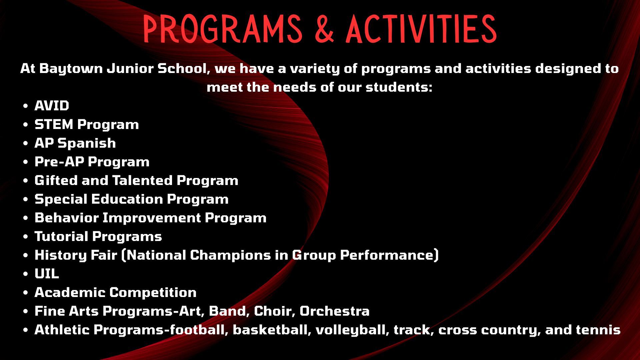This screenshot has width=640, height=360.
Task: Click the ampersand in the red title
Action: point(324,29)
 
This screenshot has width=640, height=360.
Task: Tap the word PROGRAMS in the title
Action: point(223,29)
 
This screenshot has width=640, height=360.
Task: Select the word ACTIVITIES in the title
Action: point(421,29)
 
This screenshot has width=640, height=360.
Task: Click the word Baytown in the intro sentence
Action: point(71,69)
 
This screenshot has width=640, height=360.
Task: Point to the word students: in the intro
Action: point(399,87)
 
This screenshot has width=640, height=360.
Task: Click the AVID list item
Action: point(52,106)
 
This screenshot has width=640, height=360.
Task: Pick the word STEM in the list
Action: point(54,124)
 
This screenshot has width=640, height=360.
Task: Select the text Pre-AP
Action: point(60,162)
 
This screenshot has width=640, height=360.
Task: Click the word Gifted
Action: point(56,180)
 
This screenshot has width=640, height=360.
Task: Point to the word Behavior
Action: point(67,218)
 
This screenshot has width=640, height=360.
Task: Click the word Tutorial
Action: point(62,236)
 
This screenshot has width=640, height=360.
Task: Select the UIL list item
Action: point(47,274)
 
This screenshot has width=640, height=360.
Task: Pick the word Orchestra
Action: point(335,311)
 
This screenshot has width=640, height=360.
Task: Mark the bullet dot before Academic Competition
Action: point(26,293)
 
